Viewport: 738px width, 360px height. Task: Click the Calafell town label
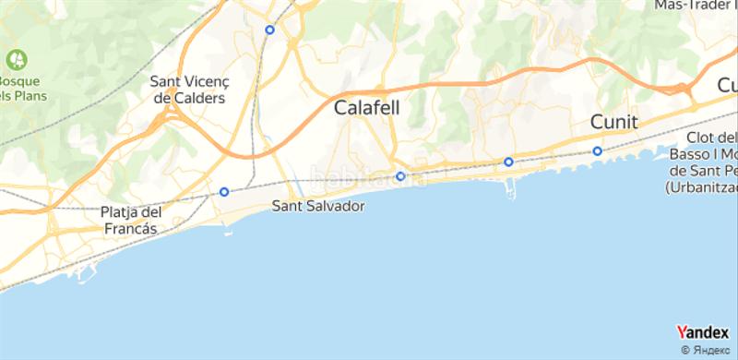pos(366,108)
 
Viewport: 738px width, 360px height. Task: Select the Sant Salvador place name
pos(317,207)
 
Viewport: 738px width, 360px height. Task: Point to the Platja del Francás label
pos(130,219)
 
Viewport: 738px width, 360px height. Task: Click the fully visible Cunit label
pos(613,122)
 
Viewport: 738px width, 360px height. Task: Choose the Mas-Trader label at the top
pos(694,6)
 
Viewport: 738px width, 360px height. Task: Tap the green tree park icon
pos(17,59)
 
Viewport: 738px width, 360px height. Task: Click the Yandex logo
pos(702,333)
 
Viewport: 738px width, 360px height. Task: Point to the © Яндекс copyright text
pos(708,350)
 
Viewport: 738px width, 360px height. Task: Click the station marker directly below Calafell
pos(400,176)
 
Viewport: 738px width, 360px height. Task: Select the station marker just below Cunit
pos(598,151)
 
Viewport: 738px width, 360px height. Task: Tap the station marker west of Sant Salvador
pos(224,192)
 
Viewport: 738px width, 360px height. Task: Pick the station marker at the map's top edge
pos(269,30)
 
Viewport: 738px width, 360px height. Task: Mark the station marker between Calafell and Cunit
pos(508,162)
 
